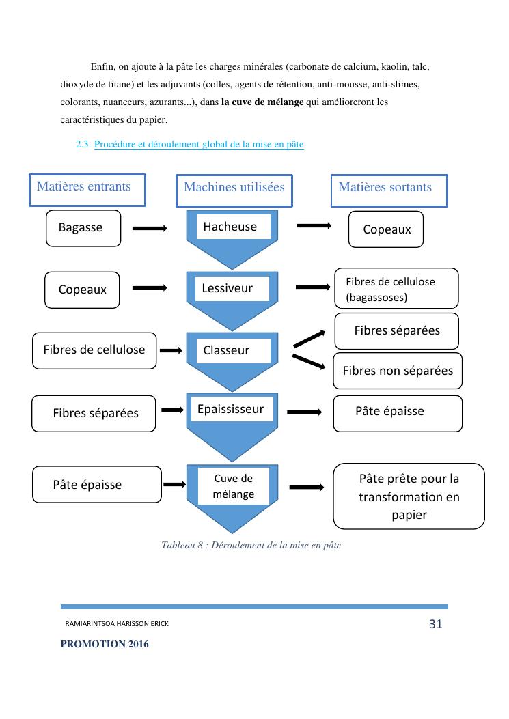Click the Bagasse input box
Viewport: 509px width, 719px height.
83,228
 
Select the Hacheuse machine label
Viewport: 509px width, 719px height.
233,227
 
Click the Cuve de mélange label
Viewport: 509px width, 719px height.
233,486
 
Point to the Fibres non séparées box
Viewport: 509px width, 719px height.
397,371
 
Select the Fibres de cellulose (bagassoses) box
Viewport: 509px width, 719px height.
396,289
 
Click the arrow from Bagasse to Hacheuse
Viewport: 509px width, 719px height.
150,229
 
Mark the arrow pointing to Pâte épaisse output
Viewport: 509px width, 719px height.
305,412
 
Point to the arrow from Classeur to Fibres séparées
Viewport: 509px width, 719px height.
309,337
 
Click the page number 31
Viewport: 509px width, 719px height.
435,623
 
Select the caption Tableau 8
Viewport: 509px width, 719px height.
251,545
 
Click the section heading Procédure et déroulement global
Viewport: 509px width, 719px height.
199,145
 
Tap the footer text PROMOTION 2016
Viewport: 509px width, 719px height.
105,644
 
